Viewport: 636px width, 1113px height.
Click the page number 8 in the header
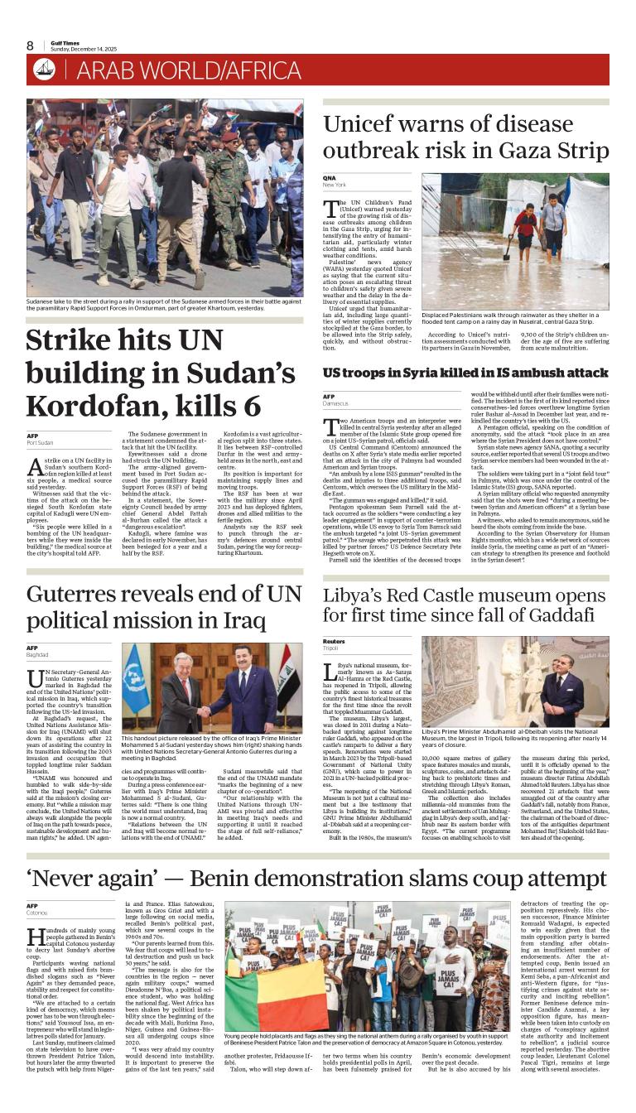pos(31,46)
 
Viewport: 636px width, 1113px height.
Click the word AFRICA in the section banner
pos(256,71)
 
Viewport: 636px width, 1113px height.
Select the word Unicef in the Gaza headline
pos(365,125)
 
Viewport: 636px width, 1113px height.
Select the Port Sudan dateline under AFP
pos(40,443)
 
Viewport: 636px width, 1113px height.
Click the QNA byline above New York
pos(330,178)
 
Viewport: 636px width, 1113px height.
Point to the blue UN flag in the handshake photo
pos(135,680)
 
